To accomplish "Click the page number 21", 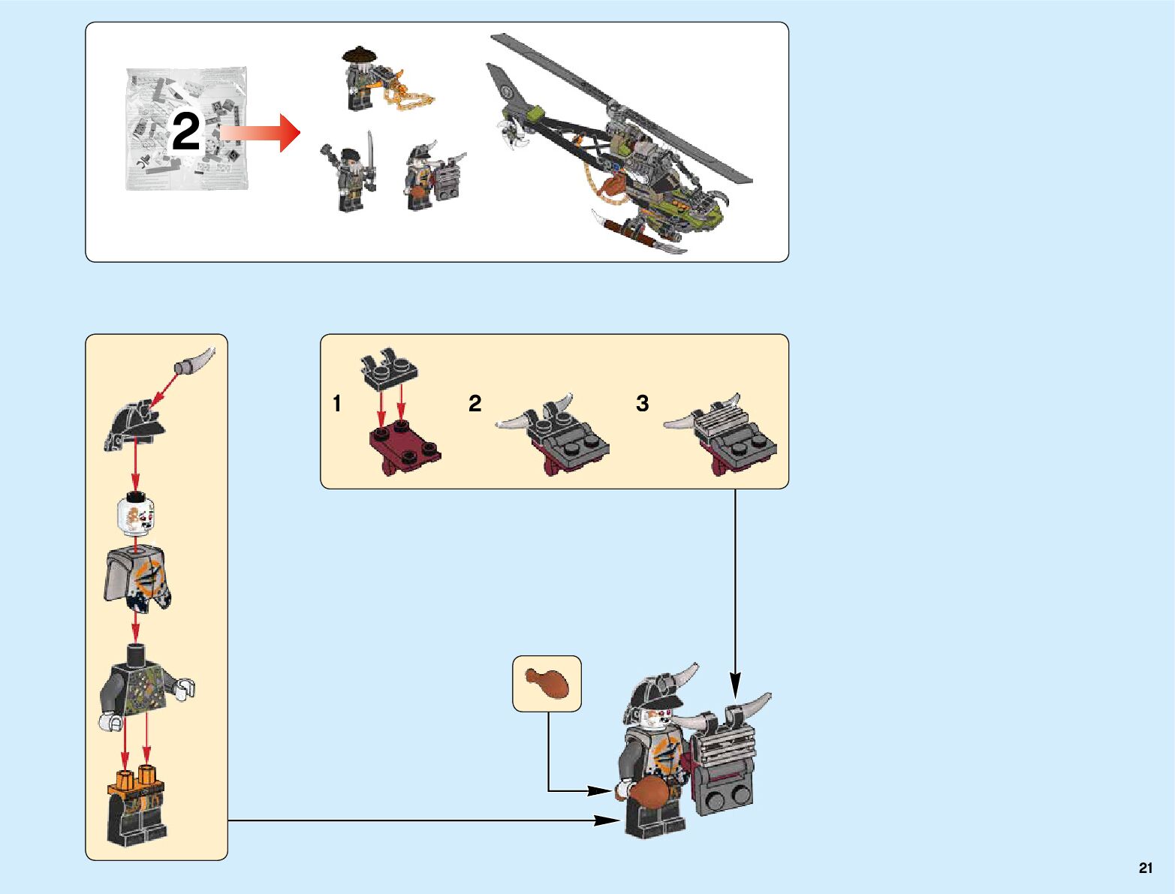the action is [x=1145, y=868].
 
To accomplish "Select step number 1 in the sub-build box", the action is [x=337, y=404].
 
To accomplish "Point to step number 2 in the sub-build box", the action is [x=475, y=404].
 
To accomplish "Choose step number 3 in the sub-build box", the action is [x=642, y=404].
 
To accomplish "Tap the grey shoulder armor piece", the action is [x=137, y=578].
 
